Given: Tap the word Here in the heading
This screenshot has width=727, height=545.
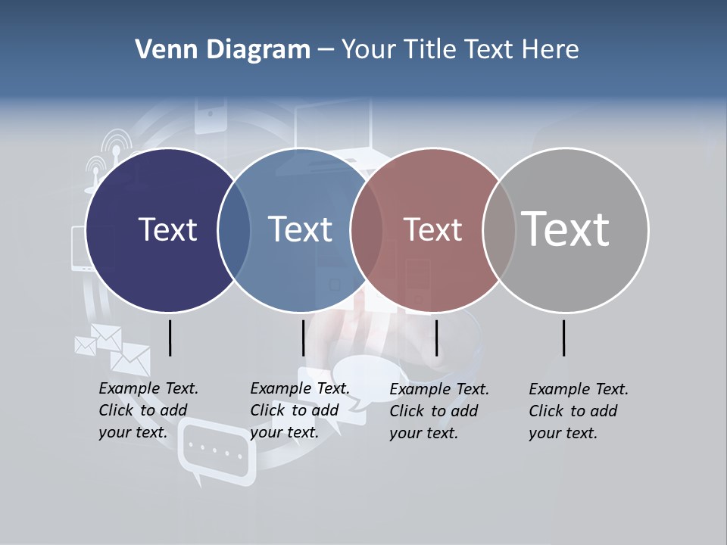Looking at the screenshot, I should coord(551,50).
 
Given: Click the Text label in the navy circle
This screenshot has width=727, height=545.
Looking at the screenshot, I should coord(167,229).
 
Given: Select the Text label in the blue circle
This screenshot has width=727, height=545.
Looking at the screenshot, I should coord(300,229).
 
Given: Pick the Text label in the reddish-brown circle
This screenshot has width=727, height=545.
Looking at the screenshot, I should coord(432,230).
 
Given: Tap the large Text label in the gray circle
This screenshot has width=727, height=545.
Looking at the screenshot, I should coord(566,229).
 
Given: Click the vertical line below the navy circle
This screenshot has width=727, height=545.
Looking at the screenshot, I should coord(170,338).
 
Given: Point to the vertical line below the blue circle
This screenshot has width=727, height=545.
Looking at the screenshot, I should coord(303,338).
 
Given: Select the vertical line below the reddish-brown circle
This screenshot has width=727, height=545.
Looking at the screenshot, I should coord(436,338).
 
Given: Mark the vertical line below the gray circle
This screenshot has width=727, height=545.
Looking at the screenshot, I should coord(564,338).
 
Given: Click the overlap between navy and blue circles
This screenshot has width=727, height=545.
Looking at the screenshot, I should coord(234,230).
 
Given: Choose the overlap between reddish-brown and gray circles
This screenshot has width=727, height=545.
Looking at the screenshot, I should coord(498,230).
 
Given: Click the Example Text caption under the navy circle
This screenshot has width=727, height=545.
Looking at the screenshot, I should coord(148,410).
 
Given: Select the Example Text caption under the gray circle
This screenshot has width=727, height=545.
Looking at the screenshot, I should coord(578,411).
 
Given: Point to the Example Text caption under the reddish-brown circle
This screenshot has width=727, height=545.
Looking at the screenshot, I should coord(438,411).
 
